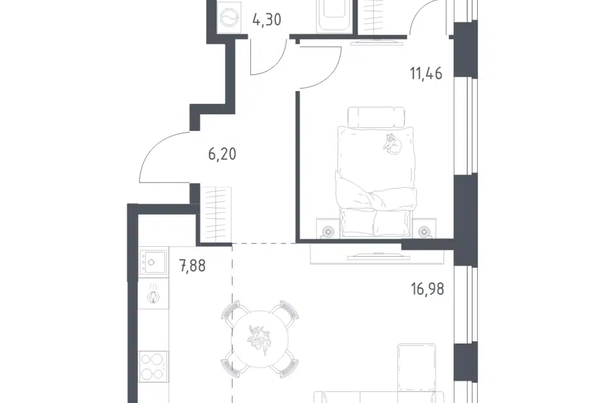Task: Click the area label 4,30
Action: click(267, 19)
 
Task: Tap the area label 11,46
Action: click(426, 73)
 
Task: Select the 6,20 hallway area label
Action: click(222, 154)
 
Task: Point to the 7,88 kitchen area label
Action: click(192, 266)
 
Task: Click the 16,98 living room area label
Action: click(427, 288)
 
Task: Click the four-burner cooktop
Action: click(153, 366)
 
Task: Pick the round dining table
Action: click(261, 339)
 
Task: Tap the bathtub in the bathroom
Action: click(335, 15)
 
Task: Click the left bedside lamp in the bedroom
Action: click(330, 231)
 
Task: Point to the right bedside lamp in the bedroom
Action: click(424, 231)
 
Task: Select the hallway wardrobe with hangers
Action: click(216, 215)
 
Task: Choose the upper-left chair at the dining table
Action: click(235, 313)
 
